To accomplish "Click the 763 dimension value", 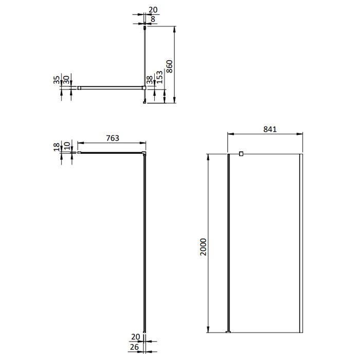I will (112, 138).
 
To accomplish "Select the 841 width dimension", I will (270, 129).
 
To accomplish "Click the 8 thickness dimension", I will (153, 19).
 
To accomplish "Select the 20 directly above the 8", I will (152, 9).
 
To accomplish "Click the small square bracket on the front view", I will (241, 153).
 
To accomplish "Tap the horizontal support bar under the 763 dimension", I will (111, 153).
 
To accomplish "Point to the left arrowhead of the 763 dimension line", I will (80, 143).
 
